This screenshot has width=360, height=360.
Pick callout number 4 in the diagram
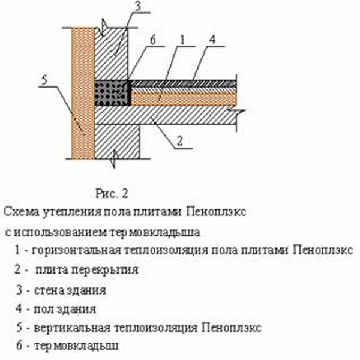click(x=214, y=41)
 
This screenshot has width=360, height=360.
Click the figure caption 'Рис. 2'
click(x=112, y=193)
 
